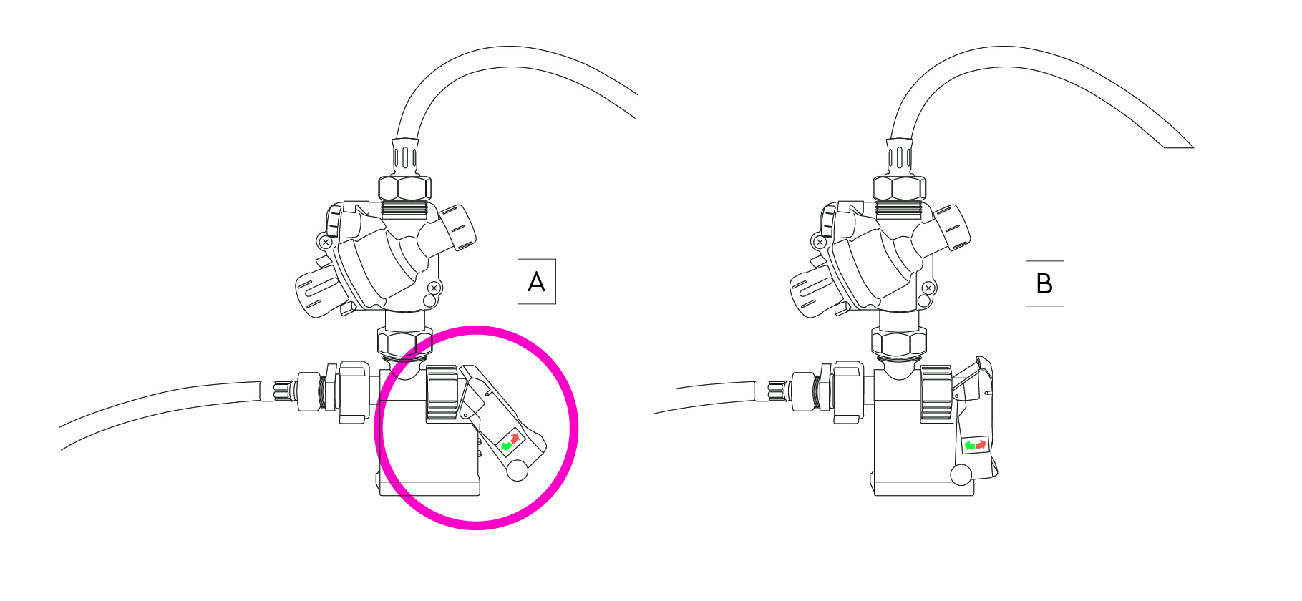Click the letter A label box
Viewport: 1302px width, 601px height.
(x=536, y=282)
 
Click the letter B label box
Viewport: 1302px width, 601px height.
(x=1044, y=283)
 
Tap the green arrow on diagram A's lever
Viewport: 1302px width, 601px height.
(x=506, y=446)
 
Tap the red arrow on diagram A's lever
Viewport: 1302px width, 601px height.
(x=515, y=436)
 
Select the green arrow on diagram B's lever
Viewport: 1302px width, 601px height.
(x=970, y=446)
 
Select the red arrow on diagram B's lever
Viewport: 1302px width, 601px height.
(x=981, y=444)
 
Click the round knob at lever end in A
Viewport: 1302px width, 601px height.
(x=517, y=470)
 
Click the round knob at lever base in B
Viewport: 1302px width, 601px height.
(x=961, y=474)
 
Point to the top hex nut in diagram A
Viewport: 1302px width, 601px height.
(x=404, y=188)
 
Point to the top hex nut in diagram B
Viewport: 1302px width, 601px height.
(x=899, y=188)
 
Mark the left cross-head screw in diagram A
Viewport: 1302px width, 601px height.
(x=325, y=243)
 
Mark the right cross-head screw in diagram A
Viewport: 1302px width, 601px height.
(x=434, y=288)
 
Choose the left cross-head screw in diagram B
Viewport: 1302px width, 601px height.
(x=820, y=243)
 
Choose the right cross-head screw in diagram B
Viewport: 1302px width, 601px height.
(x=928, y=288)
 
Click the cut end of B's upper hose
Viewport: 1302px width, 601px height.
(x=1179, y=147)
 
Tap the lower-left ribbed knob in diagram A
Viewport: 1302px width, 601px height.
(x=318, y=293)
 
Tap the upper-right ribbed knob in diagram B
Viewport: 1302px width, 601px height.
(x=951, y=228)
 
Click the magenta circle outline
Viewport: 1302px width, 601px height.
(x=476, y=328)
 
